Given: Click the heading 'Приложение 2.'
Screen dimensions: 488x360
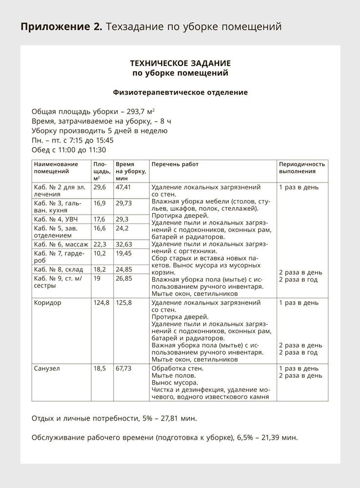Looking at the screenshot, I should tap(61, 26).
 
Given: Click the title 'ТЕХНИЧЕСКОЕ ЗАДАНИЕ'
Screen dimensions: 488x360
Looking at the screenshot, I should tap(180, 63).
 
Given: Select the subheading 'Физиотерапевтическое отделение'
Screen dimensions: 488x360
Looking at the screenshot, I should tap(180, 92).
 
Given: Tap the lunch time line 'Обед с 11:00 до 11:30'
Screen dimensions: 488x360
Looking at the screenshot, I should tap(69, 150).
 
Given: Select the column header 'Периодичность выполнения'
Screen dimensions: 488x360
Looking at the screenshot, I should tap(301, 168).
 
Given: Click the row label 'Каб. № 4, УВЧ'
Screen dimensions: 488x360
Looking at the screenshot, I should tap(56, 219).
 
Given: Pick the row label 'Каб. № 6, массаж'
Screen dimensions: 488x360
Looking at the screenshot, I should tap(61, 244).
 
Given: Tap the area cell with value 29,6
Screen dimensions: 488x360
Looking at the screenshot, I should tap(100, 187).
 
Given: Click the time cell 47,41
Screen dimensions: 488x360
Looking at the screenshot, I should tap(123, 187).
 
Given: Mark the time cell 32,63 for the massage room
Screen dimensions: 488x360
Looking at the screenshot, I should tap(123, 244).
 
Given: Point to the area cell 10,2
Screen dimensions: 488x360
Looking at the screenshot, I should tap(100, 253).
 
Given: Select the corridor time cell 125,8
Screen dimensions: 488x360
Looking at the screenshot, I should tap(124, 303).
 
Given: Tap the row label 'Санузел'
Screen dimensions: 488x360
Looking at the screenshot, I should tap(47, 368).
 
